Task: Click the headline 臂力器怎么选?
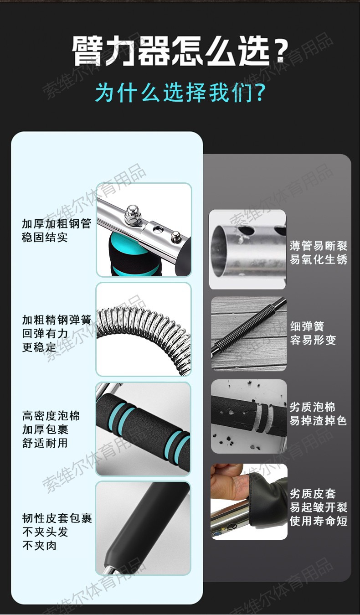(180, 51)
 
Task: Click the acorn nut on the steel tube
(133, 214)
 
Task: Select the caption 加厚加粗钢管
(57, 224)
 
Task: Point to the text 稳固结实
(45, 237)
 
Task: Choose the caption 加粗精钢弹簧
(57, 320)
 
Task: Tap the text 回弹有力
(45, 334)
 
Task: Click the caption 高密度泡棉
(51, 416)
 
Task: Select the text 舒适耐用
(45, 443)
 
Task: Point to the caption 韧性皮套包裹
(57, 518)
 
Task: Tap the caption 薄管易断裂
(319, 246)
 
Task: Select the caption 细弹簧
(307, 326)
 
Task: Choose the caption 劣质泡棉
(313, 407)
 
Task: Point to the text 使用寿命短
(319, 521)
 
